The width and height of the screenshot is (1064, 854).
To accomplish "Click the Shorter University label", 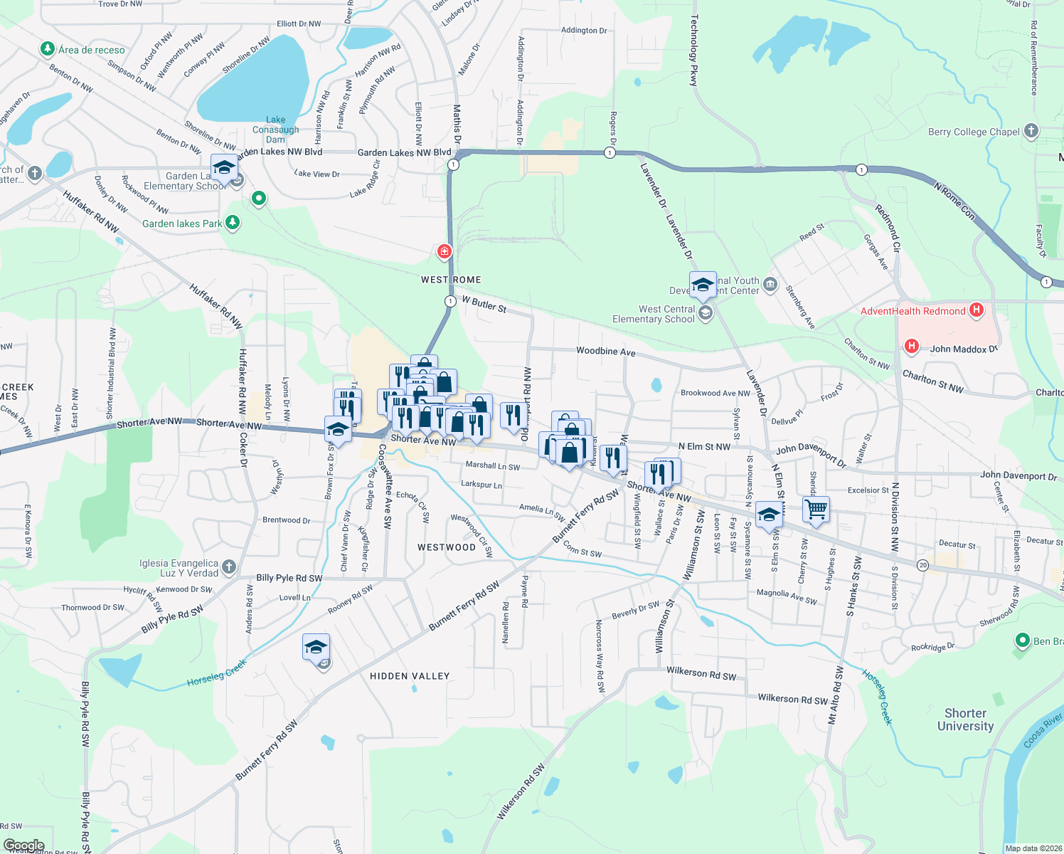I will pyautogui.click(x=965, y=719).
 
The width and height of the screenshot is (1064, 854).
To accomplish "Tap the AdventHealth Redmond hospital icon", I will pyautogui.click(x=977, y=310).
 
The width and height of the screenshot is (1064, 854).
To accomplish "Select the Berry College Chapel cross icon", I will pyautogui.click(x=1031, y=131).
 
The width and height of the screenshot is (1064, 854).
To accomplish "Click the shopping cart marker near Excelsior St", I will pyautogui.click(x=816, y=510).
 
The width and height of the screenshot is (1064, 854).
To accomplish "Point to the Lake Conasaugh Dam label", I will pyautogui.click(x=275, y=130).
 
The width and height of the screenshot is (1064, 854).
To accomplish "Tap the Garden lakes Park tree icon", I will pyautogui.click(x=232, y=223).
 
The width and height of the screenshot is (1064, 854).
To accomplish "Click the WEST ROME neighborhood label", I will pyautogui.click(x=451, y=280).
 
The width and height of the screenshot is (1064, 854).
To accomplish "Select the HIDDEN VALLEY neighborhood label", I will pyautogui.click(x=410, y=676).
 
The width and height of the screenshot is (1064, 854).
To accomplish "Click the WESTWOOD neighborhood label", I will pyautogui.click(x=446, y=547).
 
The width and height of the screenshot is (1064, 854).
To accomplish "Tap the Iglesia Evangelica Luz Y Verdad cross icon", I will pyautogui.click(x=228, y=566).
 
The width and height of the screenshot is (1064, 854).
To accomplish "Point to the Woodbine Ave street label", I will pyautogui.click(x=605, y=352).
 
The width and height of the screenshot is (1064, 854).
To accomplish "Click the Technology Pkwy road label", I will pyautogui.click(x=694, y=50).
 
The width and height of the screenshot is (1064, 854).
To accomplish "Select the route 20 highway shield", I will pyautogui.click(x=922, y=565).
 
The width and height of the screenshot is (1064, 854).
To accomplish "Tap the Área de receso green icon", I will pyautogui.click(x=48, y=49).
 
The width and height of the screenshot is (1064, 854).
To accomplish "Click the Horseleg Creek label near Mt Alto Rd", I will pyautogui.click(x=877, y=697).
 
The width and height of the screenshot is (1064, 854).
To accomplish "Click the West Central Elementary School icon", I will pyautogui.click(x=706, y=313).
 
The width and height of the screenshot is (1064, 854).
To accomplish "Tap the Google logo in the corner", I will pyautogui.click(x=23, y=845).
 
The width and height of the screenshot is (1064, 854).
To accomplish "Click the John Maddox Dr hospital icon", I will pyautogui.click(x=911, y=347).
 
